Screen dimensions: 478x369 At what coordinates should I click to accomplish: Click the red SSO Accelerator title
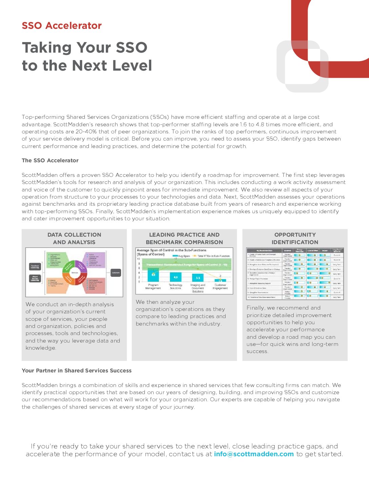(61, 25)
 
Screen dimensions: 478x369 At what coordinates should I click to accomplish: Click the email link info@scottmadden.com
(254, 454)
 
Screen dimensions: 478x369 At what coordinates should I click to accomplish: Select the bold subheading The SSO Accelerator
(50, 160)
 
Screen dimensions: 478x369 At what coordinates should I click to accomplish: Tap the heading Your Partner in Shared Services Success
(76, 370)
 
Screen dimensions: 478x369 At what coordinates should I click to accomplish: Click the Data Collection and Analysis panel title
(74, 238)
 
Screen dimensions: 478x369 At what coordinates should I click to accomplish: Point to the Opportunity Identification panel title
(295, 238)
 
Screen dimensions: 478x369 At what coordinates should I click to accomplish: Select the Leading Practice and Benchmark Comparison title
(184, 238)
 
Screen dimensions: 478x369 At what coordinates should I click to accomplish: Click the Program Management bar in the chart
(153, 275)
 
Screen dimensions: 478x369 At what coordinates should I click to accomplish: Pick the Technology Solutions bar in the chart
(175, 277)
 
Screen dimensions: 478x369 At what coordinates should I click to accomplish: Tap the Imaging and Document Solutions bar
(198, 278)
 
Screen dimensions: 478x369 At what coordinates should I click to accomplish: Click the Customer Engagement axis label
(220, 287)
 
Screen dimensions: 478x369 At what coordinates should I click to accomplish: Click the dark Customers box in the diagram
(116, 272)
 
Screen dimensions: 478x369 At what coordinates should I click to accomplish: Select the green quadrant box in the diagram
(57, 260)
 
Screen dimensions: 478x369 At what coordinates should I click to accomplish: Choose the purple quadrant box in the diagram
(95, 260)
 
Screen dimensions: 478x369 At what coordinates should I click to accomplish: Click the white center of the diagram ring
(74, 272)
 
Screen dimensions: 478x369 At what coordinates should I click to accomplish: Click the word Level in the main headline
(133, 66)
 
